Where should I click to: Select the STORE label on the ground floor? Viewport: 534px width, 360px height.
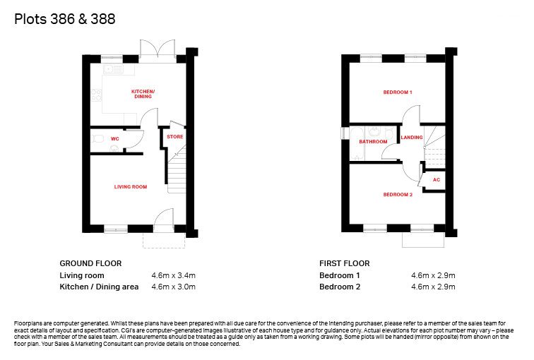pos(174,136)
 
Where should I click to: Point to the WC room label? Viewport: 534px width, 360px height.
pos(114,139)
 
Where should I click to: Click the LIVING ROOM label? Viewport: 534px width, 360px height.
pos(131,187)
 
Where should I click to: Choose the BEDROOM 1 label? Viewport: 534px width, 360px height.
pos(398,92)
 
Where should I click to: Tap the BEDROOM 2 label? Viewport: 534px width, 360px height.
pos(398,194)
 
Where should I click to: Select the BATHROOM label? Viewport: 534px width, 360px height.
pos(373,142)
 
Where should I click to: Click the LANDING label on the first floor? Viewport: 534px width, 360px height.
pos(412,137)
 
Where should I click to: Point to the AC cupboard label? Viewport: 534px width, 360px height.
pos(436,181)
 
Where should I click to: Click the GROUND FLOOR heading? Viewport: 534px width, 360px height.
pos(90,263)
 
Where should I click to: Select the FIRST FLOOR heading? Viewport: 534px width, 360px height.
pos(345,263)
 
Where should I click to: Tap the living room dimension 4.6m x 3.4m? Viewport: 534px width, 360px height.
pos(173,275)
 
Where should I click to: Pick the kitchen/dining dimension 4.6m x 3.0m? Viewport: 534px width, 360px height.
pos(173,287)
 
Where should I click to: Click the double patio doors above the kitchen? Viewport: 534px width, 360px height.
pos(157,50)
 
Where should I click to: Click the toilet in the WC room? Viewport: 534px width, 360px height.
pos(97,139)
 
